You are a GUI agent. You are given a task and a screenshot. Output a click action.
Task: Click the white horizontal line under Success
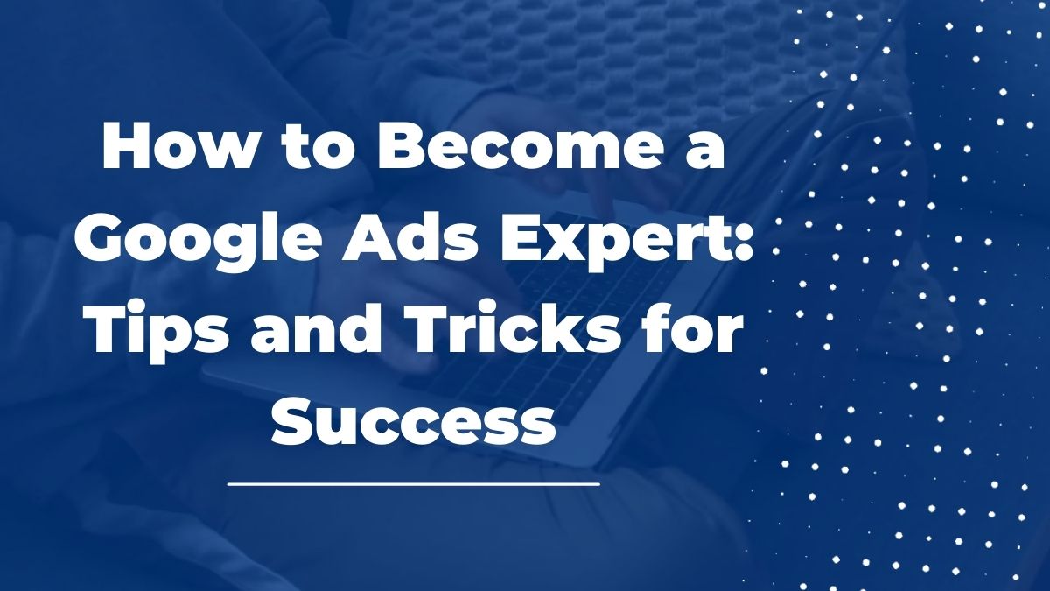(413, 482)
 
